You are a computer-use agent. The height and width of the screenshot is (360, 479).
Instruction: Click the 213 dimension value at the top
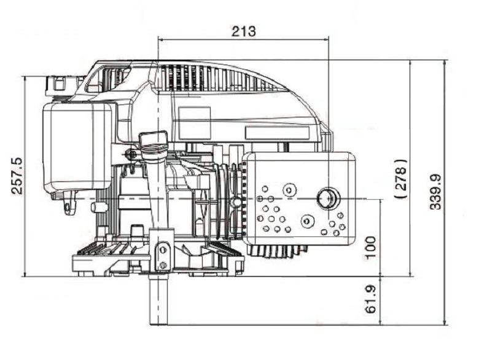point(243,31)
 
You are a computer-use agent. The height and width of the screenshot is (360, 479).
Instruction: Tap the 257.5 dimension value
point(17,176)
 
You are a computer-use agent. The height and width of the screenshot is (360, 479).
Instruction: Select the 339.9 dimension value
point(436,192)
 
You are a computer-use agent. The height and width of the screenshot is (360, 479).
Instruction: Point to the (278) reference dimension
point(401,179)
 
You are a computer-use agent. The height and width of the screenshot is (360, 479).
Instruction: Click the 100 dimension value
point(370,248)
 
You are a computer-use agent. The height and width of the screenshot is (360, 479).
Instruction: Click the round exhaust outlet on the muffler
point(329,198)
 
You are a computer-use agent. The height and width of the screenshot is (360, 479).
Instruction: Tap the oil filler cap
point(154,139)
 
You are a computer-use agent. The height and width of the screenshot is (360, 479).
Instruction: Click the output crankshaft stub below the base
point(158,300)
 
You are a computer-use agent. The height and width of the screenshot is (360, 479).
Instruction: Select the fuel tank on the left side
point(77,149)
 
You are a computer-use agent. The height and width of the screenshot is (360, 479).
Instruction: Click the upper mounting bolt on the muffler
point(289,190)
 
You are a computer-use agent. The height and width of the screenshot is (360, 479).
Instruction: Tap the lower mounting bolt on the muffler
point(307,221)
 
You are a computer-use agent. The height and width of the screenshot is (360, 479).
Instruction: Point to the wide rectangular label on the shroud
point(277,132)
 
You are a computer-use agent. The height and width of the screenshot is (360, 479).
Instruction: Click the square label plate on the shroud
point(194,123)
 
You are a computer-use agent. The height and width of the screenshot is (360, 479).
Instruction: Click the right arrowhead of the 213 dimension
point(326,39)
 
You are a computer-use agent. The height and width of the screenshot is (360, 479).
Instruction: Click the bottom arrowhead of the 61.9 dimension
point(380,322)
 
